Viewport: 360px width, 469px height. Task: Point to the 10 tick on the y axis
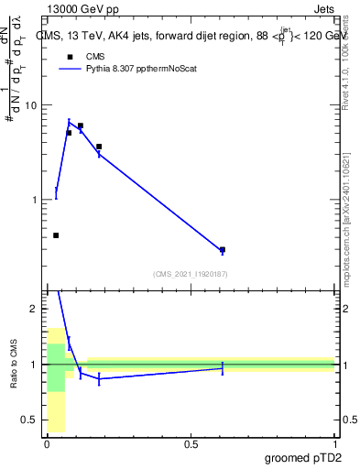click(x=30, y=105)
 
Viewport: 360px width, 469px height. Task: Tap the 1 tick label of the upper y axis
click(x=34, y=200)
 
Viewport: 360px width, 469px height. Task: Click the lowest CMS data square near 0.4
click(x=56, y=235)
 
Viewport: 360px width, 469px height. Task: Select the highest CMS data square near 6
click(x=81, y=125)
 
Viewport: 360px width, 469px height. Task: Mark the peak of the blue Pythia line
click(x=69, y=122)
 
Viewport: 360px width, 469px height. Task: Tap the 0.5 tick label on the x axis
click(x=191, y=443)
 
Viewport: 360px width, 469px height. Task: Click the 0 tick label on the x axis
click(x=48, y=443)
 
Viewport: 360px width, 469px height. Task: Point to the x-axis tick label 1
click(x=334, y=443)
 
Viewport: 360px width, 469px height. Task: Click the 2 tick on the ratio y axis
click(x=34, y=309)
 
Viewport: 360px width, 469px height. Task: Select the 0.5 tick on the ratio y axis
click(x=30, y=420)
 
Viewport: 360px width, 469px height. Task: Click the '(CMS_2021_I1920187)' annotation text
click(x=190, y=274)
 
